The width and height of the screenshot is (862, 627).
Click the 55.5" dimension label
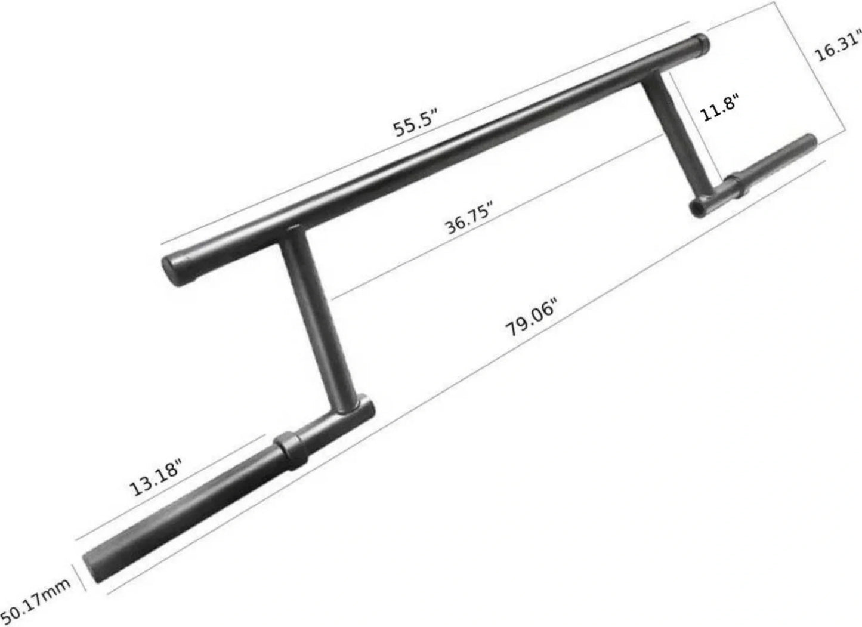(416, 123)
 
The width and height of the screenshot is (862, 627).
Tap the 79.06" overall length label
(530, 320)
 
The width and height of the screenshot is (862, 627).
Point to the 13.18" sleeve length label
(155, 478)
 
